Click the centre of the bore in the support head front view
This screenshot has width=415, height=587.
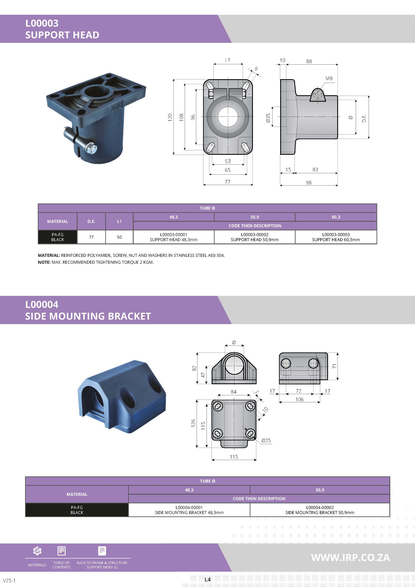pos(228,116)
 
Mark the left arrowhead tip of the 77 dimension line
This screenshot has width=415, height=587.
pos(203,185)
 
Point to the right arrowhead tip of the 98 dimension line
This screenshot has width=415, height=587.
pos(338,185)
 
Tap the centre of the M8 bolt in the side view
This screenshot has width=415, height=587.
pos(317,94)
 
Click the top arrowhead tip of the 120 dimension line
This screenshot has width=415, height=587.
pos(174,79)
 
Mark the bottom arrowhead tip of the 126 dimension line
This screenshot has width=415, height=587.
pos(197,448)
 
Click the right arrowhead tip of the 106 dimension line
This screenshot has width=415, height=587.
pos(320,402)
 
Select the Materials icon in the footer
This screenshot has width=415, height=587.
pos(37,551)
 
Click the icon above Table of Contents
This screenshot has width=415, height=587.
pos(62,551)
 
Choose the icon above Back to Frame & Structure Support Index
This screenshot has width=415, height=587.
pos(102,551)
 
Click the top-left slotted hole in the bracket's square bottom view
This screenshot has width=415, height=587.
pos(218,406)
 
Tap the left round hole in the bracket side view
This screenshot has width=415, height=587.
pos(286,363)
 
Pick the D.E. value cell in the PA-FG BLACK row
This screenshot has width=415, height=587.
pos(91,237)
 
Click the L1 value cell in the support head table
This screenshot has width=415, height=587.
pos(119,237)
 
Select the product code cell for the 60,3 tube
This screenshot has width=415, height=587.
pos(336,237)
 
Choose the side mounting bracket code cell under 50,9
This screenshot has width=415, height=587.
pos(320,510)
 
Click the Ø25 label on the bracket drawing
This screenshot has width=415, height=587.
pos(266,440)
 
